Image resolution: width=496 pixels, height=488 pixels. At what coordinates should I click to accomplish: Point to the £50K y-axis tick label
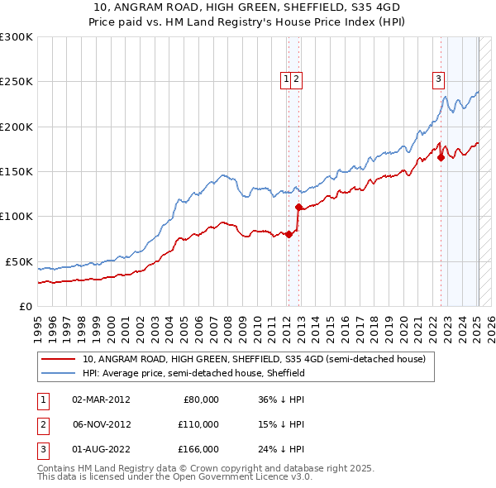click(x=17, y=261)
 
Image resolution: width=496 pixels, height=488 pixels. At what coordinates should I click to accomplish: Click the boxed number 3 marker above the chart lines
click(x=437, y=79)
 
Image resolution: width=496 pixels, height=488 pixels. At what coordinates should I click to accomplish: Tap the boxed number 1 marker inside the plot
click(x=286, y=79)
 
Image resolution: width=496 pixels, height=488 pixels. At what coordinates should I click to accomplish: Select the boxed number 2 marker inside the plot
click(x=296, y=79)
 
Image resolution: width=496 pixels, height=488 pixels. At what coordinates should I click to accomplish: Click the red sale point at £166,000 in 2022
click(x=441, y=157)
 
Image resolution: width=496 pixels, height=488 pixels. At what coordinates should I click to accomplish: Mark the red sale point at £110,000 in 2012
click(x=298, y=208)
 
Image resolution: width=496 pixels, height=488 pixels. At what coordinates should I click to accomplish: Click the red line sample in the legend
click(x=59, y=360)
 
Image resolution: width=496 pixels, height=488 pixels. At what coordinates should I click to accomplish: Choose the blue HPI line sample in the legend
click(x=59, y=374)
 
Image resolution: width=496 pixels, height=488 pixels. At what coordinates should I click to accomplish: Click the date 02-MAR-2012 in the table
click(x=101, y=399)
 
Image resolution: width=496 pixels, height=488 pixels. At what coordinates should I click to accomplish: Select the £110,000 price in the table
click(x=198, y=424)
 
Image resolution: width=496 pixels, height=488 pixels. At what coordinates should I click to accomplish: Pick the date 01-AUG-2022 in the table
click(x=101, y=449)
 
